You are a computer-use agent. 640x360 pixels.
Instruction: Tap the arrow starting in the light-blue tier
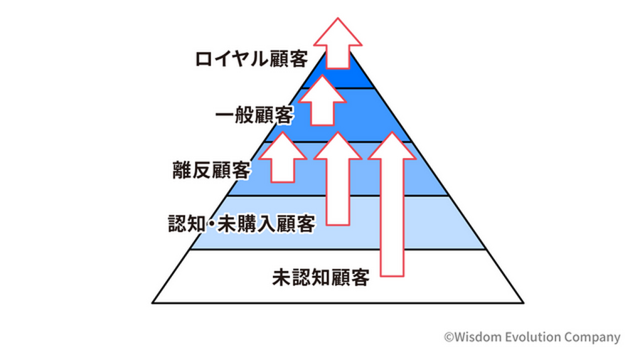point(339,181)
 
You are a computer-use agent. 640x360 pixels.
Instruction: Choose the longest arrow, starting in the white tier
point(393,206)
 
